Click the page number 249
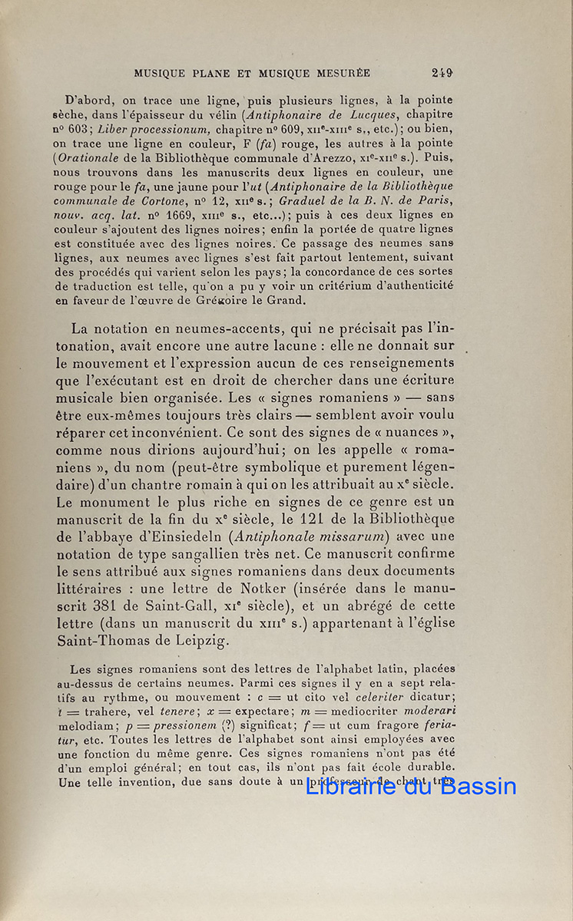pyautogui.click(x=442, y=74)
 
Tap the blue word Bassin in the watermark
pyautogui.click(x=477, y=786)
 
